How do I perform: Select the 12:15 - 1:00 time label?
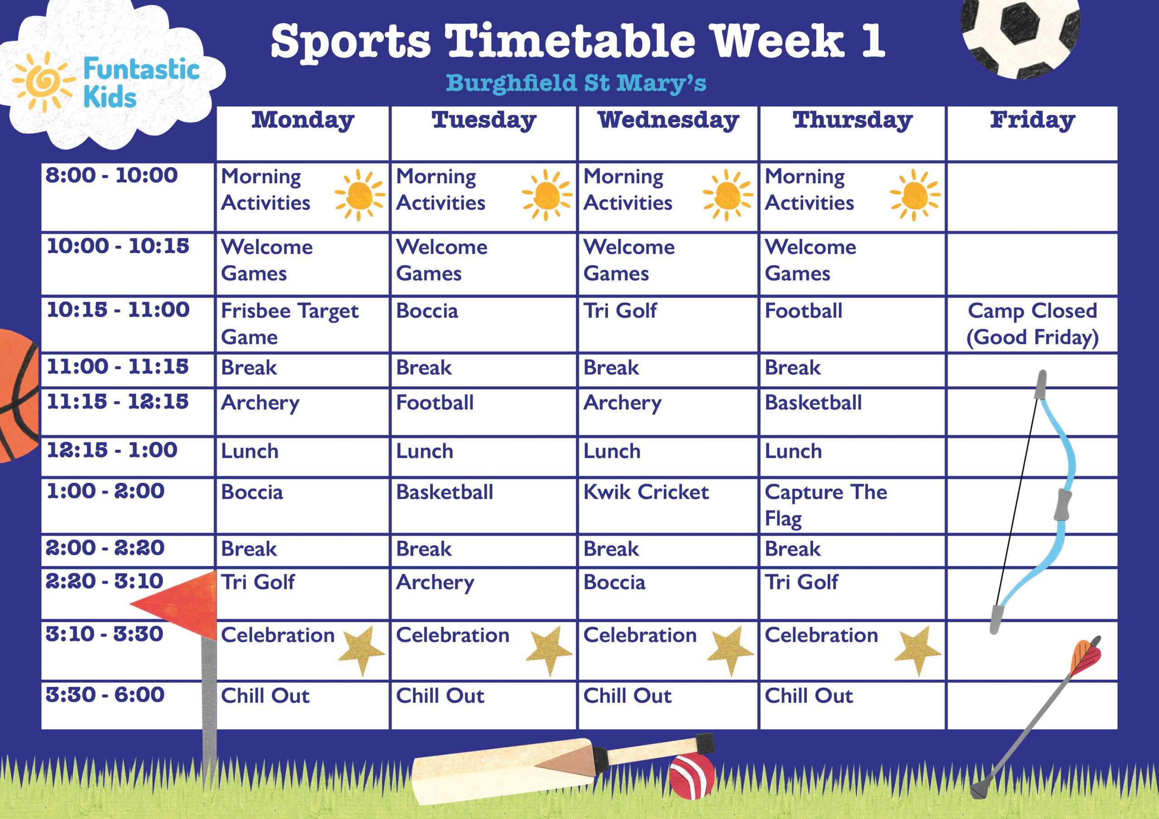click(x=112, y=450)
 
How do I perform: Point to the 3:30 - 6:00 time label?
click(x=105, y=695)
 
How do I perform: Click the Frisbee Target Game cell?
click(x=290, y=324)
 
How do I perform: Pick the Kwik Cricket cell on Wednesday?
click(x=646, y=492)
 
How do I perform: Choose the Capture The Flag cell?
click(x=826, y=505)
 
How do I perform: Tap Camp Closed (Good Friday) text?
click(x=1032, y=324)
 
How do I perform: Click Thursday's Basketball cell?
click(x=813, y=403)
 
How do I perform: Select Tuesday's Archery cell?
click(x=435, y=583)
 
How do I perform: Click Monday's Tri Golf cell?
click(x=258, y=582)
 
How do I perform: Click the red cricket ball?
click(x=692, y=776)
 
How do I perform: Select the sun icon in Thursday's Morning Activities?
click(x=915, y=195)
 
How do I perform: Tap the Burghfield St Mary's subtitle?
click(x=576, y=83)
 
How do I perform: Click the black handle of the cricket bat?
click(x=706, y=743)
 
